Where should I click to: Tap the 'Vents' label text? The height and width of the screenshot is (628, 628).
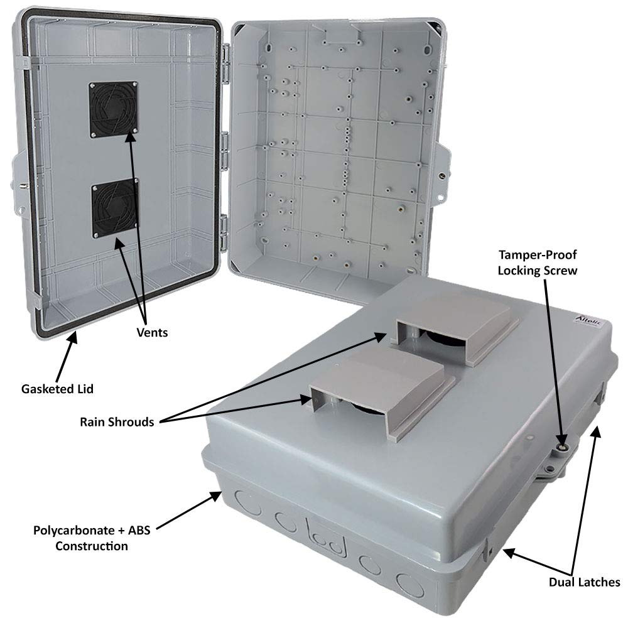pos(152,333)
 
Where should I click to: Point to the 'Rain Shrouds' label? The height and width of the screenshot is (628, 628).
pos(117,421)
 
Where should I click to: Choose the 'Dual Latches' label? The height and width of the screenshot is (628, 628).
pos(583,582)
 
